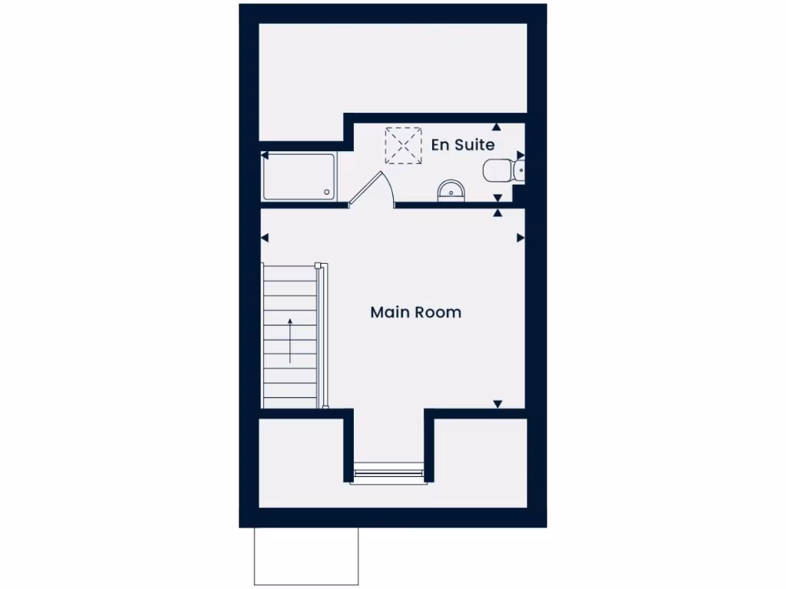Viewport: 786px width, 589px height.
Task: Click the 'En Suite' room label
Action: point(462,144)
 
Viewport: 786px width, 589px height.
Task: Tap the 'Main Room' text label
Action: point(415,312)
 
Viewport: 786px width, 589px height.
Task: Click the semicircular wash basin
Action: point(451,192)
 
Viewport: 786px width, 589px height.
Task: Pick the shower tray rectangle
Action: point(299,177)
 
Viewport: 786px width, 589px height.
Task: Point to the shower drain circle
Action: point(327,192)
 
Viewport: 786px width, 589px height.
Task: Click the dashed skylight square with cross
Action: point(403,145)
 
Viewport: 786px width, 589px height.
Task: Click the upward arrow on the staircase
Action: point(290,339)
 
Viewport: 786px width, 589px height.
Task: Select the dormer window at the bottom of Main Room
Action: point(388,473)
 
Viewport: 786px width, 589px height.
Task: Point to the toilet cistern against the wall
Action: point(520,169)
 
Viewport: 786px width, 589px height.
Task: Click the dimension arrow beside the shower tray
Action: point(265,155)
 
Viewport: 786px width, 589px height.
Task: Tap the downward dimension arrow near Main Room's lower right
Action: point(497,403)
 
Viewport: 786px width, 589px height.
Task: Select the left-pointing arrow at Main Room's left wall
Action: point(266,238)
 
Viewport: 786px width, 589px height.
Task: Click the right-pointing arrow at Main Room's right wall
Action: point(520,238)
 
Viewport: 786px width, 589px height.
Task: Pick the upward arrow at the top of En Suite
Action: point(497,127)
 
